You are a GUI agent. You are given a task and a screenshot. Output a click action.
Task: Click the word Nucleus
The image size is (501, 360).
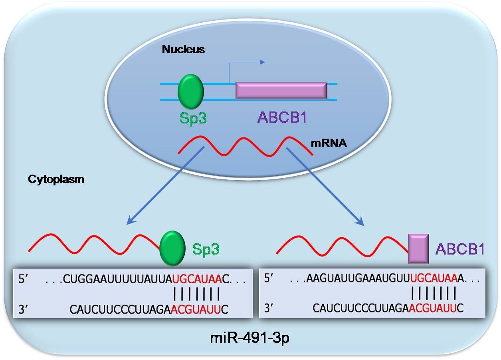(183, 50)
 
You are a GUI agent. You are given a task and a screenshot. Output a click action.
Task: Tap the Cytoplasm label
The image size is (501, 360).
(56, 179)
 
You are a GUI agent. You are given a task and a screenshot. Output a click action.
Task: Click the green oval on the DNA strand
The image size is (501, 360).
(190, 91)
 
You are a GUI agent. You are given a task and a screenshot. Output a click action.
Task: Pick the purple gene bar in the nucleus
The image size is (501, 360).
(281, 91)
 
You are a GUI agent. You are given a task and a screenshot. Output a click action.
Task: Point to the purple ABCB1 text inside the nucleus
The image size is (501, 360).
(284, 117)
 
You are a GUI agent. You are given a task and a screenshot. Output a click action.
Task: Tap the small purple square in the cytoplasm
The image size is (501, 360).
(418, 249)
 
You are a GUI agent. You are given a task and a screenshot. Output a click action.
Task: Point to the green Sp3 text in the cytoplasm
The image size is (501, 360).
(206, 249)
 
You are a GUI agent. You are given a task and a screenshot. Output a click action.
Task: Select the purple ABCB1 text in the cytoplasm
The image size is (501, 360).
(460, 249)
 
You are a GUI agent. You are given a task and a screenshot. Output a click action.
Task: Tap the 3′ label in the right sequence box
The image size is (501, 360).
(271, 308)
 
